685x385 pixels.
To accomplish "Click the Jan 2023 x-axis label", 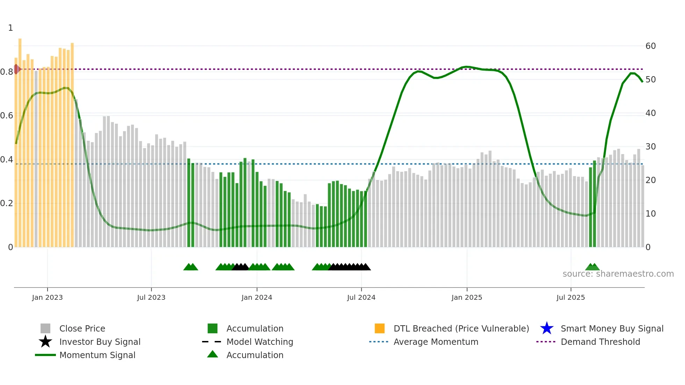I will tap(47, 297).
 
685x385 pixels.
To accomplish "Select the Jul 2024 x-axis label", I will tap(361, 297).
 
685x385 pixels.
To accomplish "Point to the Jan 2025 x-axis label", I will tap(467, 297).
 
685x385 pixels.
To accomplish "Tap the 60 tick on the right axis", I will tap(650, 46).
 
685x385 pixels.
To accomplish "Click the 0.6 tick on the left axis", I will tap(7, 116).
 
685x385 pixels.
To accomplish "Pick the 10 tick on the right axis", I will tap(650, 214).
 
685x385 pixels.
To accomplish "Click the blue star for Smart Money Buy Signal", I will tap(547, 328).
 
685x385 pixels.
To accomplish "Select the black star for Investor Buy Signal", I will tap(45, 342).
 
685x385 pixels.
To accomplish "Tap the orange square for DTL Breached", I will tap(380, 328).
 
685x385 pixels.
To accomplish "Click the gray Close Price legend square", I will tap(45, 328).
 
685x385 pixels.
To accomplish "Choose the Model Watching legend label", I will tap(260, 342).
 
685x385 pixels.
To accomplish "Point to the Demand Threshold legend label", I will tap(600, 342).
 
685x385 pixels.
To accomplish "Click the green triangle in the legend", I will tap(212, 354).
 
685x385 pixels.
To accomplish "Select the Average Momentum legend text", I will tap(436, 342).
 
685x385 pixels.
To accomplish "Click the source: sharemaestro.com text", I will tap(618, 274).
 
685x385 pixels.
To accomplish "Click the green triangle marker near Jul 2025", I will tap(592, 267).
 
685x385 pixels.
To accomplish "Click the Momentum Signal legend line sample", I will tap(45, 355).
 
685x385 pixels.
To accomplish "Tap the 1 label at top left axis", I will tap(10, 28).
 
